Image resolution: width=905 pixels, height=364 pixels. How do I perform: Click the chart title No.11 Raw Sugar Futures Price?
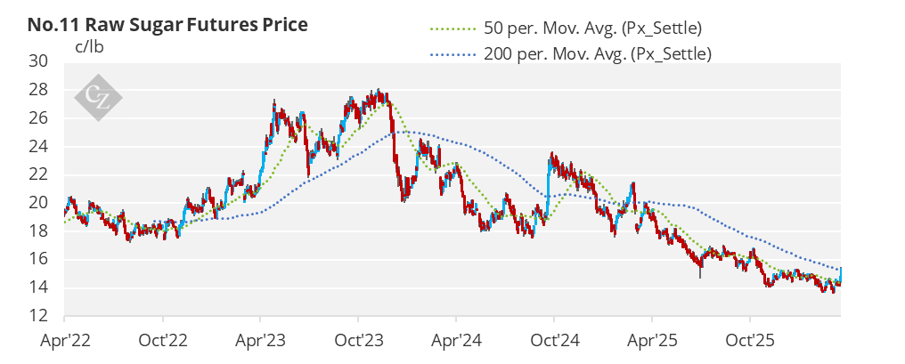tap(167, 26)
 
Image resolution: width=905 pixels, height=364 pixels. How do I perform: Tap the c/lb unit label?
tap(89, 47)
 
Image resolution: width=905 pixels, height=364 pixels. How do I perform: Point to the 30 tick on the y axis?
tap(41, 61)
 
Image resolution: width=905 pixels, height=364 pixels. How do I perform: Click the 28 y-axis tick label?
tap(41, 90)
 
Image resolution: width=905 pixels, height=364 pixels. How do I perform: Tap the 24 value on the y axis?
tap(41, 147)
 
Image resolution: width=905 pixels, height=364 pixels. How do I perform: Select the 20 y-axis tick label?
tap(41, 203)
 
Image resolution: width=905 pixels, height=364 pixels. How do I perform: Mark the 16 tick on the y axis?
tap(41, 260)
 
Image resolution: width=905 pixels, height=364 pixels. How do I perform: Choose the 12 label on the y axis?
tap(41, 316)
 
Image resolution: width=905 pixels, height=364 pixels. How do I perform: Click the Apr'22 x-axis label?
tap(65, 341)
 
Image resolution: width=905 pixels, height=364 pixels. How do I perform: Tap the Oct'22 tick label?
tap(163, 341)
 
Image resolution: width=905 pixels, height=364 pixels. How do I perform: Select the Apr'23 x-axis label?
tap(260, 341)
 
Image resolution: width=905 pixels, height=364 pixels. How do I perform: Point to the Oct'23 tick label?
tap(358, 341)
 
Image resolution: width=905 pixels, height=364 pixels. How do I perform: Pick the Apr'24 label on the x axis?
tap(456, 341)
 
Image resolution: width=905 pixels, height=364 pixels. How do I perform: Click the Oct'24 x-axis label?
tap(554, 341)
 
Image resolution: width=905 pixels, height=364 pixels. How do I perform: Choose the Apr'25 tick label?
tap(652, 341)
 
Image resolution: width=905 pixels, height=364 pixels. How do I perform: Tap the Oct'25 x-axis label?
tap(750, 341)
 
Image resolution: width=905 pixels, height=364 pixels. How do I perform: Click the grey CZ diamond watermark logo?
tap(98, 98)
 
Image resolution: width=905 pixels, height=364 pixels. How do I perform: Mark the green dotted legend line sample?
tap(452, 28)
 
